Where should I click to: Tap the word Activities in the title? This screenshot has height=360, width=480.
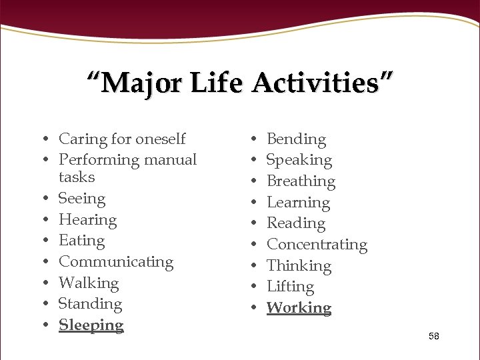coord(323,84)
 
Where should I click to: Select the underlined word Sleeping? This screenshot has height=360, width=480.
coord(91,325)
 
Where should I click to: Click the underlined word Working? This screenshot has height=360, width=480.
coord(299,308)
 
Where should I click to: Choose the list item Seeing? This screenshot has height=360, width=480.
coord(82,199)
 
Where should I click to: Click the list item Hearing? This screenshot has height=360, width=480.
coord(87,220)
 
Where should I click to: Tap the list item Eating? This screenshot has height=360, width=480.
coord(81,241)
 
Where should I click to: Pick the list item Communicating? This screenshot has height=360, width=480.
coord(116,262)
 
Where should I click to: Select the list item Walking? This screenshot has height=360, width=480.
coord(89,283)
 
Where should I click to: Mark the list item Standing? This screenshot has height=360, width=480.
coord(90,304)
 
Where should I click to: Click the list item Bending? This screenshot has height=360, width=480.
coord(296,139)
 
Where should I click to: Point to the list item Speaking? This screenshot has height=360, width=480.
coord(299,160)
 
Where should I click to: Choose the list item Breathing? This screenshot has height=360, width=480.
coord(301,181)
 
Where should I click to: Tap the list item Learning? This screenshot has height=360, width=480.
coord(298,203)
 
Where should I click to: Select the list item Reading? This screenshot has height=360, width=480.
coord(296,223)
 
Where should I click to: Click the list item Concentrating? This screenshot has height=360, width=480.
coord(317,245)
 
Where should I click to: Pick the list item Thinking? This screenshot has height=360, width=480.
coord(299,266)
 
